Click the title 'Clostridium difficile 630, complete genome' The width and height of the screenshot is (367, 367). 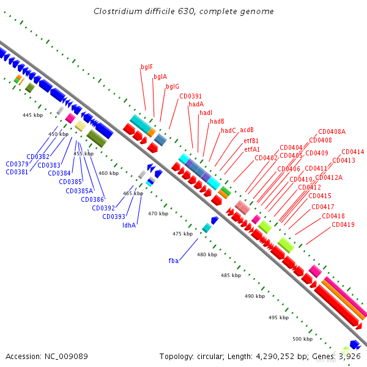coord(183,12)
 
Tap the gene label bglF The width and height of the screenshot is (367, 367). coord(147,67)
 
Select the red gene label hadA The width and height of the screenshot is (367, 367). coord(196,105)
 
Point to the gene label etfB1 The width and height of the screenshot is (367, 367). coord(251,141)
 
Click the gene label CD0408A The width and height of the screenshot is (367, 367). coord(332,132)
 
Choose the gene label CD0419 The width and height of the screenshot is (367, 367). coord(343,224)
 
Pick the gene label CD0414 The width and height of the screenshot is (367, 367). coord(352,152)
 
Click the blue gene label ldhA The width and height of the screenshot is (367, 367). coord(129,225)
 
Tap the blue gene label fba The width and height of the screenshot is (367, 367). coord(174,261)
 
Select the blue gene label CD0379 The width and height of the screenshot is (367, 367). coord(17,164)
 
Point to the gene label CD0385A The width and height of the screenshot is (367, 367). coord(80,191)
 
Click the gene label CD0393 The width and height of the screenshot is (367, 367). coord(114,217)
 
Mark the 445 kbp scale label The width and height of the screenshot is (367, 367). coord(33,115)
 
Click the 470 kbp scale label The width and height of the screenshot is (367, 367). coord(158,213)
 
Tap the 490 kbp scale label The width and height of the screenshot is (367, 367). coord(254,296)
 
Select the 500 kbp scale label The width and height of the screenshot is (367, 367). coord(302,339)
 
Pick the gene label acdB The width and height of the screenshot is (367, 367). coord(247,130)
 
